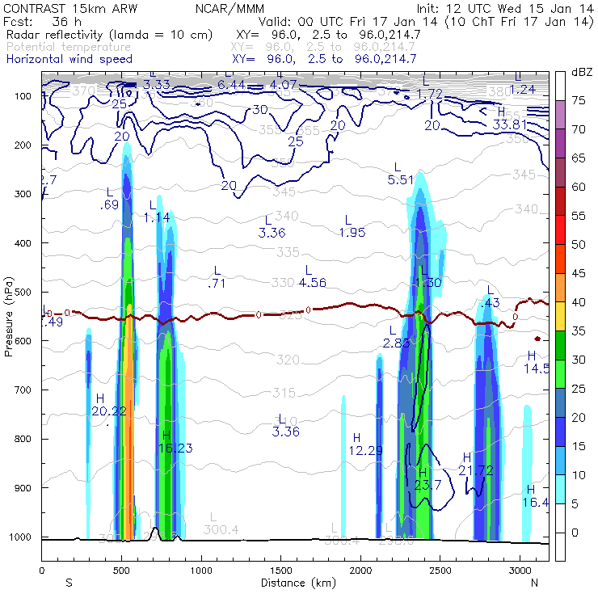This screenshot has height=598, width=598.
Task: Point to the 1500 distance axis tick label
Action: (x=280, y=571)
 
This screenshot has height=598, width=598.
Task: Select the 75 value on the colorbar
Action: (x=580, y=100)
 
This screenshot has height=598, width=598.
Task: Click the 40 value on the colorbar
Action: (x=580, y=301)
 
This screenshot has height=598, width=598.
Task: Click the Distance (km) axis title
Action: (x=294, y=582)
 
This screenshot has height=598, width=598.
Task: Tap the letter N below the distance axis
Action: (x=534, y=582)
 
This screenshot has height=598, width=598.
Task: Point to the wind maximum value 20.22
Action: (x=108, y=411)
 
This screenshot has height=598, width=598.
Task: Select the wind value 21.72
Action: (x=476, y=470)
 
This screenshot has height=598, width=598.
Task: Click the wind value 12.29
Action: (x=365, y=449)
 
